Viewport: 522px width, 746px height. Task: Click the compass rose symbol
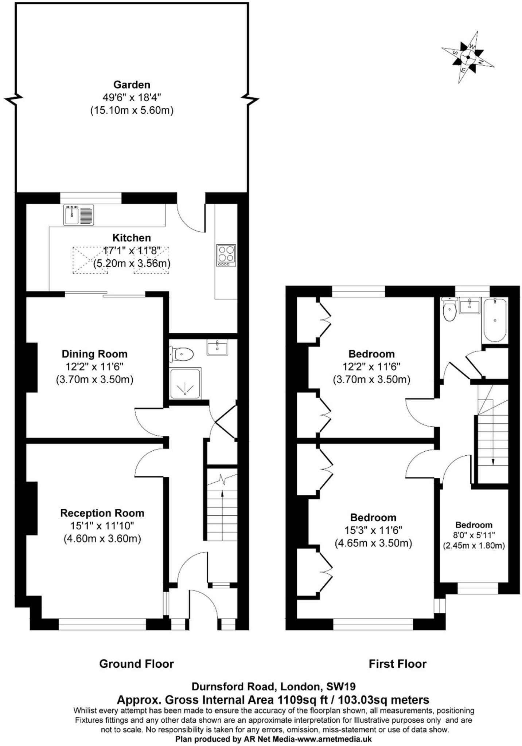(x=468, y=57)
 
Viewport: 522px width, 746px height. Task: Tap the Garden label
(x=132, y=85)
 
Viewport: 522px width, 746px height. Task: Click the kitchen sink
(x=79, y=215)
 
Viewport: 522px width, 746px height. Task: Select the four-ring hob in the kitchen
(x=226, y=255)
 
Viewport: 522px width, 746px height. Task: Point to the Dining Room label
(x=94, y=354)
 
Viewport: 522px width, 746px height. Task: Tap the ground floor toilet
(x=182, y=354)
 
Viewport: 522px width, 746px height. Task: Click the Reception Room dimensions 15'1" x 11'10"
(x=102, y=526)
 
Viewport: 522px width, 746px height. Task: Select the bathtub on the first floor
(x=494, y=320)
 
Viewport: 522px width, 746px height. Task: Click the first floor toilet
(x=449, y=310)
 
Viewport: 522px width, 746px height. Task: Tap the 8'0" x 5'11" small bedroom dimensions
(x=474, y=535)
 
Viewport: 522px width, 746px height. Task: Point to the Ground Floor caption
(x=136, y=664)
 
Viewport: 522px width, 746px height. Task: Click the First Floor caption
(x=397, y=664)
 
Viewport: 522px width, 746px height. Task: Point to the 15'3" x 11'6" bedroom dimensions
(x=373, y=530)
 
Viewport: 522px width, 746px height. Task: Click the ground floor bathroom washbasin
(x=217, y=347)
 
